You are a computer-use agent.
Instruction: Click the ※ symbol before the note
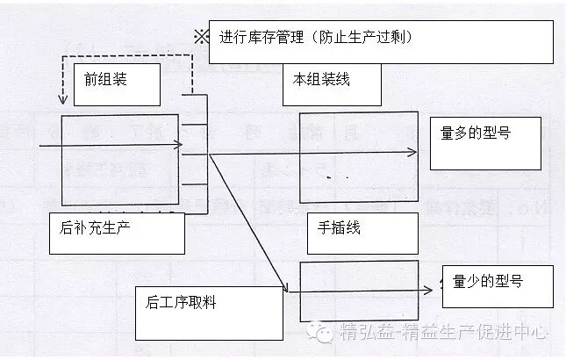point(201,38)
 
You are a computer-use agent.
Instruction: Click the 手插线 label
point(339,227)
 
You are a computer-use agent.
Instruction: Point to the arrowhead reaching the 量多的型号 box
point(413,152)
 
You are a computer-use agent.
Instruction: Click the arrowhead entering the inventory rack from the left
point(179,145)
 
